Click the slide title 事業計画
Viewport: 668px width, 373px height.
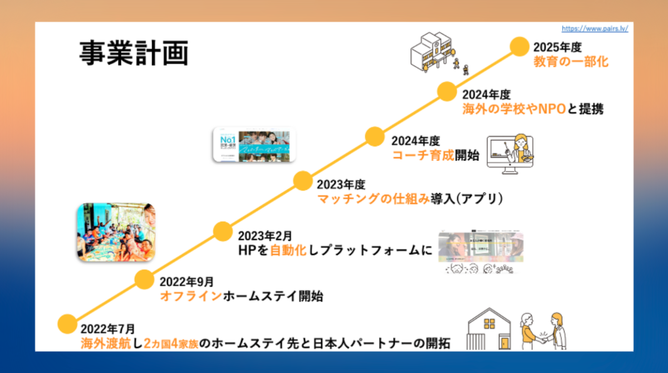[133, 54]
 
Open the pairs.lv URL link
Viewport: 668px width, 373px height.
[595, 28]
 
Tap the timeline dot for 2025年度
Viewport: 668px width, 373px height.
[519, 46]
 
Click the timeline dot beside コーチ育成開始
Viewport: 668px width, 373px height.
[375, 136]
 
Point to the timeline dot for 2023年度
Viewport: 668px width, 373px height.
[302, 181]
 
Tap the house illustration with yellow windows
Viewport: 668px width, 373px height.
[489, 330]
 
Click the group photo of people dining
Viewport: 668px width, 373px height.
[115, 232]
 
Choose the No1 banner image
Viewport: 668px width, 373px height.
[254, 145]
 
